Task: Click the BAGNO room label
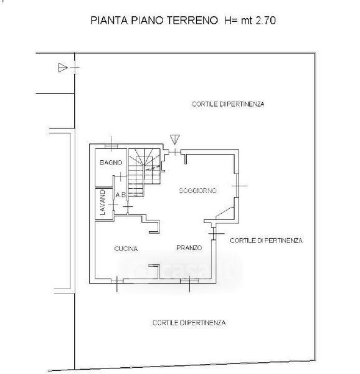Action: coord(111,163)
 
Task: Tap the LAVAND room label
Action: coord(103,202)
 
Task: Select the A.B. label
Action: coord(121,195)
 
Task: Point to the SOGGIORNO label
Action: coord(197,191)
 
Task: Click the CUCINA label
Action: coord(126,249)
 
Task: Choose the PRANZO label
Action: coord(189,248)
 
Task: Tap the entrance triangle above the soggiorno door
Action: coord(174,139)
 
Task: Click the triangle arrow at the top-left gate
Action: coord(63,67)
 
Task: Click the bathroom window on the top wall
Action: coord(111,146)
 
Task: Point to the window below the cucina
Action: coord(117,281)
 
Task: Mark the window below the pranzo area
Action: coord(189,281)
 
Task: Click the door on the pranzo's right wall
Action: coord(214,233)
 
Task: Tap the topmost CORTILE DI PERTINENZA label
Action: coord(228,104)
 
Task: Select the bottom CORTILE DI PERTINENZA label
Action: coord(189,323)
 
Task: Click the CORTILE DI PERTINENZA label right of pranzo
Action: coord(266,241)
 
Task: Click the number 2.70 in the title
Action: coord(266,21)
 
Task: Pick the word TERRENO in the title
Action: coord(192,21)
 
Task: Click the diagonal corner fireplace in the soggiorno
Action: coord(225,213)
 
